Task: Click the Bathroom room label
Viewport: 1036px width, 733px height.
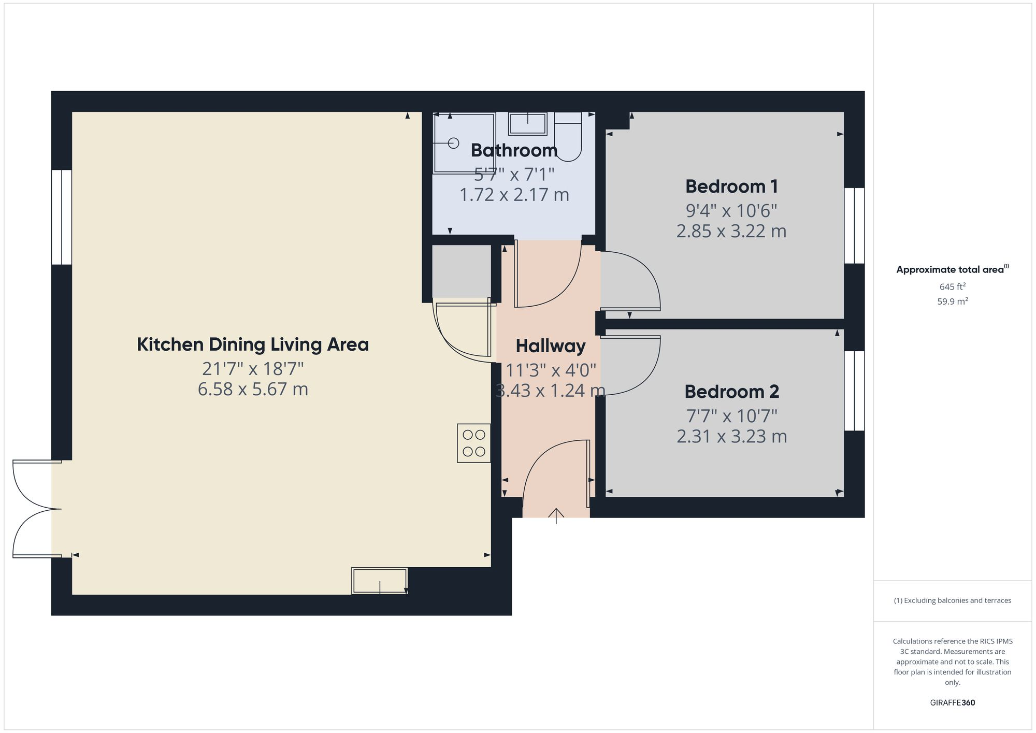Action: click(x=514, y=150)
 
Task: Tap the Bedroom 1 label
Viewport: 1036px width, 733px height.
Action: click(x=731, y=186)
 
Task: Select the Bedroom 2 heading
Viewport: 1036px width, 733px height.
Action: click(x=731, y=392)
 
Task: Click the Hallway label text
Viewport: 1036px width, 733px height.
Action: click(x=550, y=346)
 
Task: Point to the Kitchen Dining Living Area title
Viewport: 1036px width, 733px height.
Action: click(x=253, y=344)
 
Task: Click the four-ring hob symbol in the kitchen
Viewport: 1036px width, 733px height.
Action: click(x=473, y=443)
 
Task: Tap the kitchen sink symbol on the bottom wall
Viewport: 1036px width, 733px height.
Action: click(x=379, y=580)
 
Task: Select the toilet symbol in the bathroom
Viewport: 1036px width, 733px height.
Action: click(x=568, y=137)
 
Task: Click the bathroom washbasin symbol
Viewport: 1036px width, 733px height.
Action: click(x=527, y=124)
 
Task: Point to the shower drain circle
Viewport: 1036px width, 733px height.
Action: click(x=454, y=143)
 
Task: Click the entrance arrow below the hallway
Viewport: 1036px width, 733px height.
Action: click(x=556, y=515)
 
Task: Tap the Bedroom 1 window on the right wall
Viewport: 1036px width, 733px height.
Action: click(x=854, y=225)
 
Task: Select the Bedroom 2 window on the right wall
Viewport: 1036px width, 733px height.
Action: click(x=854, y=391)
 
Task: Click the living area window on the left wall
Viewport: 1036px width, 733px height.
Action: click(x=62, y=217)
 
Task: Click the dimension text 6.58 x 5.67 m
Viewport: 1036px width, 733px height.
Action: click(x=253, y=389)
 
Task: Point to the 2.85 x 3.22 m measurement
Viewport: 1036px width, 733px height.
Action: click(x=731, y=231)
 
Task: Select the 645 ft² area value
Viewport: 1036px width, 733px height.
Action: click(x=952, y=286)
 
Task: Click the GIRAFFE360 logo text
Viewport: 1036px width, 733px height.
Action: click(x=952, y=703)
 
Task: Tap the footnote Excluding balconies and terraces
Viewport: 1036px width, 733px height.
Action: click(x=952, y=600)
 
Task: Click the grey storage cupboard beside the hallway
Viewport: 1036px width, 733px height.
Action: click(x=461, y=270)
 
